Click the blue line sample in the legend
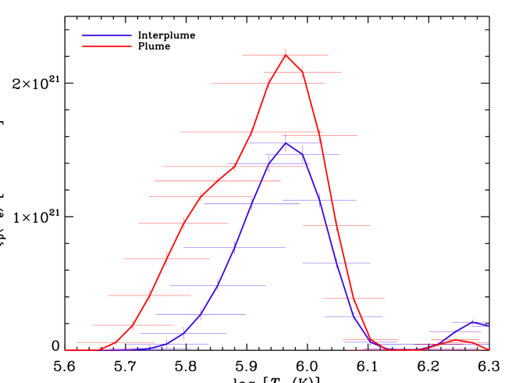pos(107,35)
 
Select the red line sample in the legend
pos(107,46)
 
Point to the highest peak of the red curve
pos(286,55)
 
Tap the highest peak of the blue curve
pos(286,142)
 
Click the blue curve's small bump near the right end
pos(471,321)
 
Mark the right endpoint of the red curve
pos(489,349)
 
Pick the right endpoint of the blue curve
pos(489,325)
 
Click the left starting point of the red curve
pos(66,350)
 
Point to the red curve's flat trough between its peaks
pos(403,350)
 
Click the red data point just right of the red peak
pos(303,72)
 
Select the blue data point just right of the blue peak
pos(303,155)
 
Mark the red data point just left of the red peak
pos(268,83)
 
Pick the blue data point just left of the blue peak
pos(268,165)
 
